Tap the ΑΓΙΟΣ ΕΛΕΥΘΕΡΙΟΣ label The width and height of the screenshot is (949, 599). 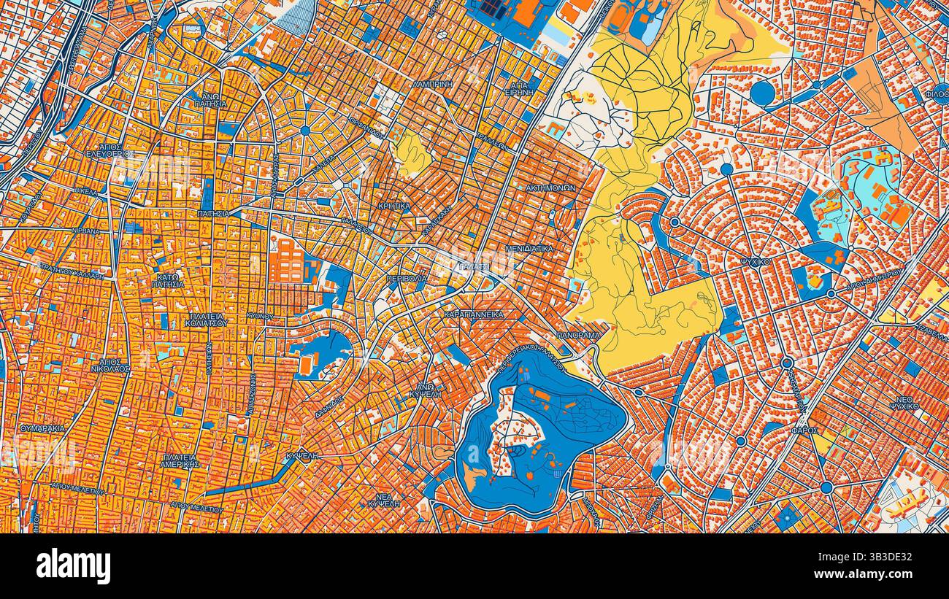[x=109, y=150]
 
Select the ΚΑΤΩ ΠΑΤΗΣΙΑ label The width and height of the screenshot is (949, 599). [x=168, y=280]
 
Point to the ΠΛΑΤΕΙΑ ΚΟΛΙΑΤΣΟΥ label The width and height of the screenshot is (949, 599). [x=207, y=319]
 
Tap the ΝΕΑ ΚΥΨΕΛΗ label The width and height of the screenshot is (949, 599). [x=383, y=501]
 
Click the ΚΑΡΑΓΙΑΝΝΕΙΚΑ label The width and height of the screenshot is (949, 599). [x=474, y=314]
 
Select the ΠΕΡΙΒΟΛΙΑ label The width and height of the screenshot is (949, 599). [x=407, y=279]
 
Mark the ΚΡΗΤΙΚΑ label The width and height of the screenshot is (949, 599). [x=394, y=206]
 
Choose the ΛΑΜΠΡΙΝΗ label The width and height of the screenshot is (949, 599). [x=432, y=84]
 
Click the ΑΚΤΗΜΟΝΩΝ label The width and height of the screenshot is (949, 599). [x=550, y=188]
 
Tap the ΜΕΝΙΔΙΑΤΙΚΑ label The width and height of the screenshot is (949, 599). [x=529, y=249]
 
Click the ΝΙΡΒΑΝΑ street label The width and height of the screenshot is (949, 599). [x=86, y=231]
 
